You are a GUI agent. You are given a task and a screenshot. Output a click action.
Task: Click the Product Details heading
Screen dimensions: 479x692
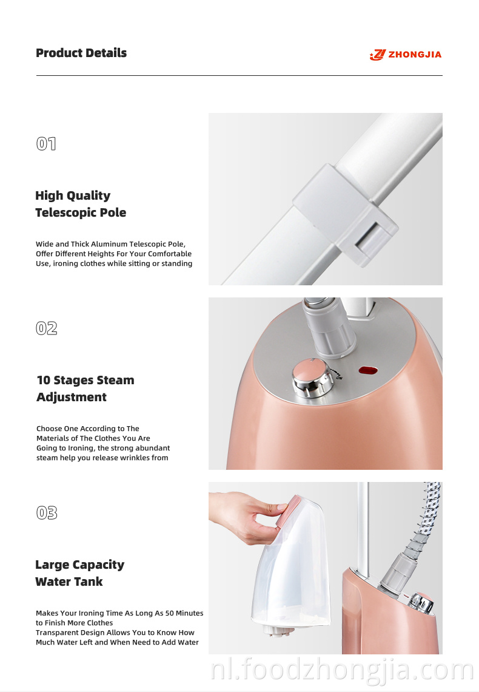[81, 53]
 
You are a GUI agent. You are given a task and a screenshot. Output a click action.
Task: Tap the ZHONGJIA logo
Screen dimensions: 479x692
[406, 55]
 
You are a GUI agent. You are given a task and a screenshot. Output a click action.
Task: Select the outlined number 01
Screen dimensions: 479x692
[46, 144]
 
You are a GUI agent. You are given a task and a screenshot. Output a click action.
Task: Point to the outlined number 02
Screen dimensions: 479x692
[46, 328]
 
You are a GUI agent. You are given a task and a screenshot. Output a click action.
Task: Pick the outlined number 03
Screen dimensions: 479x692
[46, 513]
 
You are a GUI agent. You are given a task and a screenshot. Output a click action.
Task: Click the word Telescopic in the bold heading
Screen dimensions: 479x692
[65, 212]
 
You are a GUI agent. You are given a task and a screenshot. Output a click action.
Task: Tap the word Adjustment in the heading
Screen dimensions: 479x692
[72, 397]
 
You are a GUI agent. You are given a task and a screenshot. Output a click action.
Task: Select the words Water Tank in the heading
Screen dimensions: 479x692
[69, 582]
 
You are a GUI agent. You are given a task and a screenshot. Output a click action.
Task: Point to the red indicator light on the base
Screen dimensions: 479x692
[367, 370]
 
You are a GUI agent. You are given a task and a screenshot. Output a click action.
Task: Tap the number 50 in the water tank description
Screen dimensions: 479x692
[170, 613]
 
